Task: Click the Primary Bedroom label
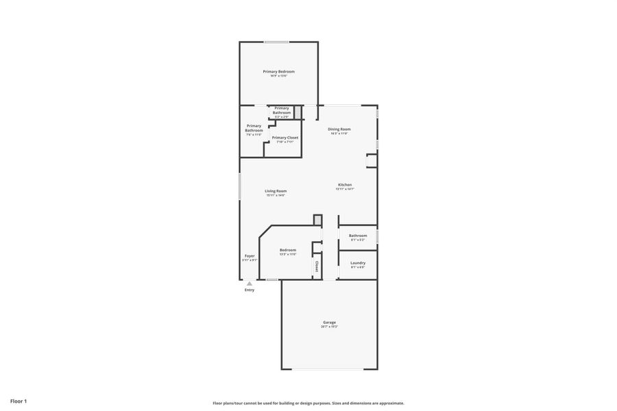pyautogui.click(x=279, y=71)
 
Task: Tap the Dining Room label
pyautogui.click(x=339, y=129)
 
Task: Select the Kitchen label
pyautogui.click(x=345, y=185)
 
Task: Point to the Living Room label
pyautogui.click(x=276, y=190)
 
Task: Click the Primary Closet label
pyautogui.click(x=285, y=138)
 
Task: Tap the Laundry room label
pyautogui.click(x=358, y=263)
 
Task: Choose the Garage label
pyautogui.click(x=329, y=322)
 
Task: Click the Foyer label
pyautogui.click(x=250, y=256)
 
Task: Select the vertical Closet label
pyautogui.click(x=317, y=266)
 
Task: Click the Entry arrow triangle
pyautogui.click(x=250, y=283)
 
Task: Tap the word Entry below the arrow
pyautogui.click(x=250, y=290)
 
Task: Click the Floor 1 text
pyautogui.click(x=19, y=401)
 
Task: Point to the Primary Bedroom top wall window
pyautogui.click(x=277, y=42)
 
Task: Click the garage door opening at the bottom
pyautogui.click(x=328, y=369)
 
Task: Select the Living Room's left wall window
pyautogui.click(x=239, y=186)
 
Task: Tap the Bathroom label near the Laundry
pyautogui.click(x=358, y=236)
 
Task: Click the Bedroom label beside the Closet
pyautogui.click(x=288, y=250)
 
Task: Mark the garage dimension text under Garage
pyautogui.click(x=329, y=327)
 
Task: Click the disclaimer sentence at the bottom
pyautogui.click(x=308, y=403)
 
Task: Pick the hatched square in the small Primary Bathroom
pyautogui.click(x=298, y=112)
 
